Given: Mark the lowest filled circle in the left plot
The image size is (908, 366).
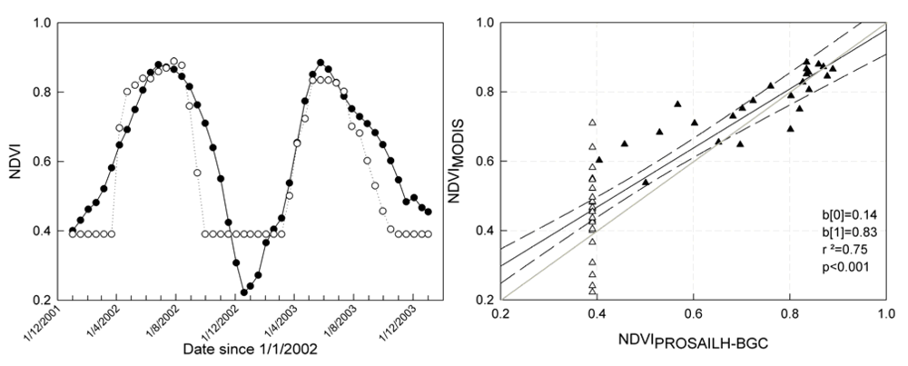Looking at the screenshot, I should [243, 292].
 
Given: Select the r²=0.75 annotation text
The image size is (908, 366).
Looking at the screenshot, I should [841, 252].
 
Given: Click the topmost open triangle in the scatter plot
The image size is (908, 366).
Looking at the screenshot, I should [592, 122].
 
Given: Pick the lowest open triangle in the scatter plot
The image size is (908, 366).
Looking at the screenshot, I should [593, 292].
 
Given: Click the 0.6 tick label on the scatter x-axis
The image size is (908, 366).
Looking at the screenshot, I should [693, 314].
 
